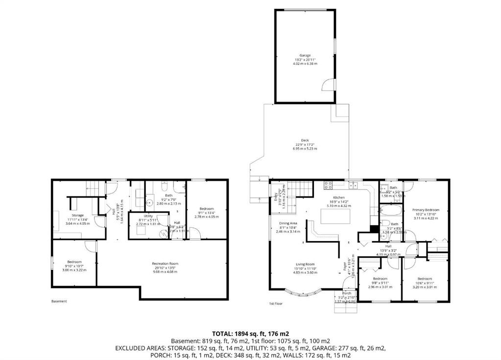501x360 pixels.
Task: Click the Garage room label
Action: click(x=305, y=55)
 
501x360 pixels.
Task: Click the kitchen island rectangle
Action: click(x=331, y=216)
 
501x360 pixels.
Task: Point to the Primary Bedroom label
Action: click(x=425, y=210)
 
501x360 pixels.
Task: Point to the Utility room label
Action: click(x=148, y=216)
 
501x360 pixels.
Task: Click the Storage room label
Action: click(x=78, y=215)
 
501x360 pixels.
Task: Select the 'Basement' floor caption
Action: click(x=59, y=301)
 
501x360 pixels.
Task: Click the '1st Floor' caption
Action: click(x=276, y=304)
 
